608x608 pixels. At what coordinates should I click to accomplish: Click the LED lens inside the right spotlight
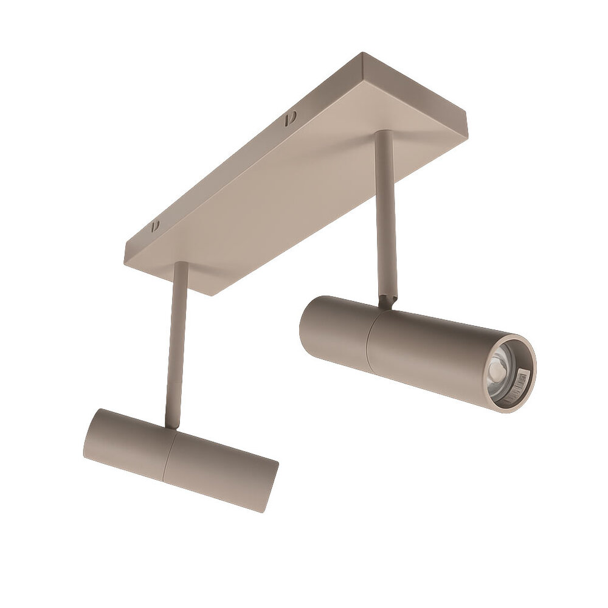(497, 368)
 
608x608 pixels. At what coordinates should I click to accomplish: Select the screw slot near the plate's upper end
(290, 117)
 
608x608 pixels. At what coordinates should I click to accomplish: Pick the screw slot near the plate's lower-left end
(155, 226)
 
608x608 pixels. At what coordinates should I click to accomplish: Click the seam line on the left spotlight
(170, 452)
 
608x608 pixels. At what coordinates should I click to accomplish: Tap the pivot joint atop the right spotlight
(387, 301)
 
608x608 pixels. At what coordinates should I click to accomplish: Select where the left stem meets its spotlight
(173, 426)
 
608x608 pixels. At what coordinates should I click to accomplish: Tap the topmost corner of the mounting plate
(362, 54)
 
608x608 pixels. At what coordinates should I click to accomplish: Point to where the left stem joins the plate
(181, 264)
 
